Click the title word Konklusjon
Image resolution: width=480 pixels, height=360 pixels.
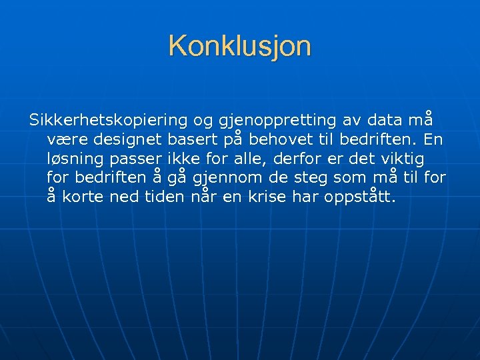pyautogui.click(x=239, y=46)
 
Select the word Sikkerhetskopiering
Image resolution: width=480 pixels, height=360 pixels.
pyautogui.click(x=109, y=121)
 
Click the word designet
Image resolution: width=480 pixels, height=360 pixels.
pyautogui.click(x=125, y=140)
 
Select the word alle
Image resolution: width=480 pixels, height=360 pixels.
pyautogui.click(x=252, y=159)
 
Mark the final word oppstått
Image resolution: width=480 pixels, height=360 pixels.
pyautogui.click(x=361, y=197)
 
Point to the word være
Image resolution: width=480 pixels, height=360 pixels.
pyautogui.click(x=68, y=140)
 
